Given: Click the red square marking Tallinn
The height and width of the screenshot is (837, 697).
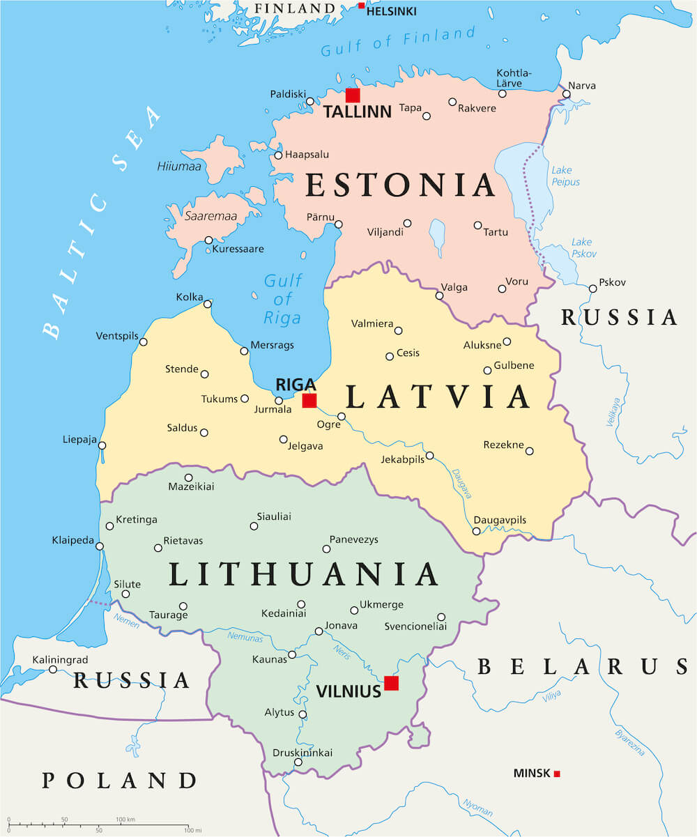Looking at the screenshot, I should click(353, 95).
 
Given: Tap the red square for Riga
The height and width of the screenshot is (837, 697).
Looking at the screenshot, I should click(309, 400).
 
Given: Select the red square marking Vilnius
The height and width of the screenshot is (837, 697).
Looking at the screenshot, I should click(391, 683).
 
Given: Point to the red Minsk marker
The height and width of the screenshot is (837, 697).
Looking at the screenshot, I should click(557, 774).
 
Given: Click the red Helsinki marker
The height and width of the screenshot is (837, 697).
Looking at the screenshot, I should click(361, 6).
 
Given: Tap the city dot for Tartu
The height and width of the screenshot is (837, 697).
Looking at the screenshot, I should click(477, 225).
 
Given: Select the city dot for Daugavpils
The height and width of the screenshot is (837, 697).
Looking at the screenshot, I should click(476, 531).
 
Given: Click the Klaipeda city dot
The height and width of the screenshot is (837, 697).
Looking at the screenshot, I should click(102, 546).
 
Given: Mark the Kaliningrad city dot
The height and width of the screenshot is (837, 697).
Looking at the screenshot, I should click(53, 669).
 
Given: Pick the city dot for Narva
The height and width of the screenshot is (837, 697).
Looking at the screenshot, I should click(567, 94).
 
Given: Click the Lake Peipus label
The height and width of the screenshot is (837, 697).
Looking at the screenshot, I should click(565, 176).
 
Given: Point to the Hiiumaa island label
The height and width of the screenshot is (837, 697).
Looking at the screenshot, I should click(179, 166).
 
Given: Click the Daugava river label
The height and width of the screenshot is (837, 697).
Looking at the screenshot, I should click(462, 483).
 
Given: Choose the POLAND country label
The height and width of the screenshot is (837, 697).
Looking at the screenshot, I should click(119, 780).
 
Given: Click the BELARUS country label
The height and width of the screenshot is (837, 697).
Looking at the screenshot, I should click(582, 667).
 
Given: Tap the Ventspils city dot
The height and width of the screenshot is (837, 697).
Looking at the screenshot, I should click(144, 341).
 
